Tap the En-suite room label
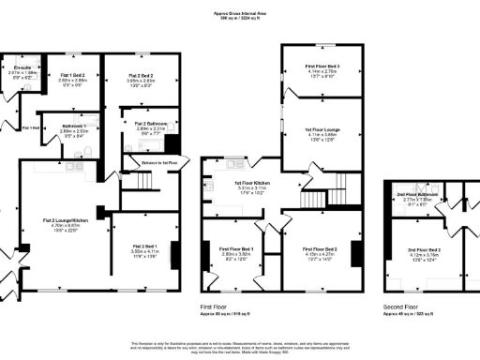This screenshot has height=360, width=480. (22, 68)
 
